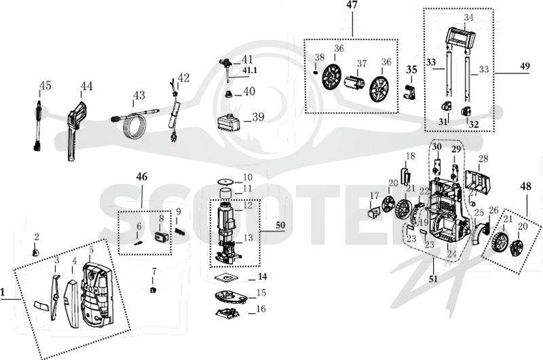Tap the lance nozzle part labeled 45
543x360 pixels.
coord(38,126)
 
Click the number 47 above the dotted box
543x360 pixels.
coord(352,6)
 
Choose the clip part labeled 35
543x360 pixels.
coord(410,92)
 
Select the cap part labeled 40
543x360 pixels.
coord(229,94)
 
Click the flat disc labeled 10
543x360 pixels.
coord(226,181)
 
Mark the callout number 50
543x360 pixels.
coord(280,226)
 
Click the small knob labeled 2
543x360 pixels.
coord(35,253)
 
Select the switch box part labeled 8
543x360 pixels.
coord(161,238)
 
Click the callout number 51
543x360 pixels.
coord(433,279)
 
